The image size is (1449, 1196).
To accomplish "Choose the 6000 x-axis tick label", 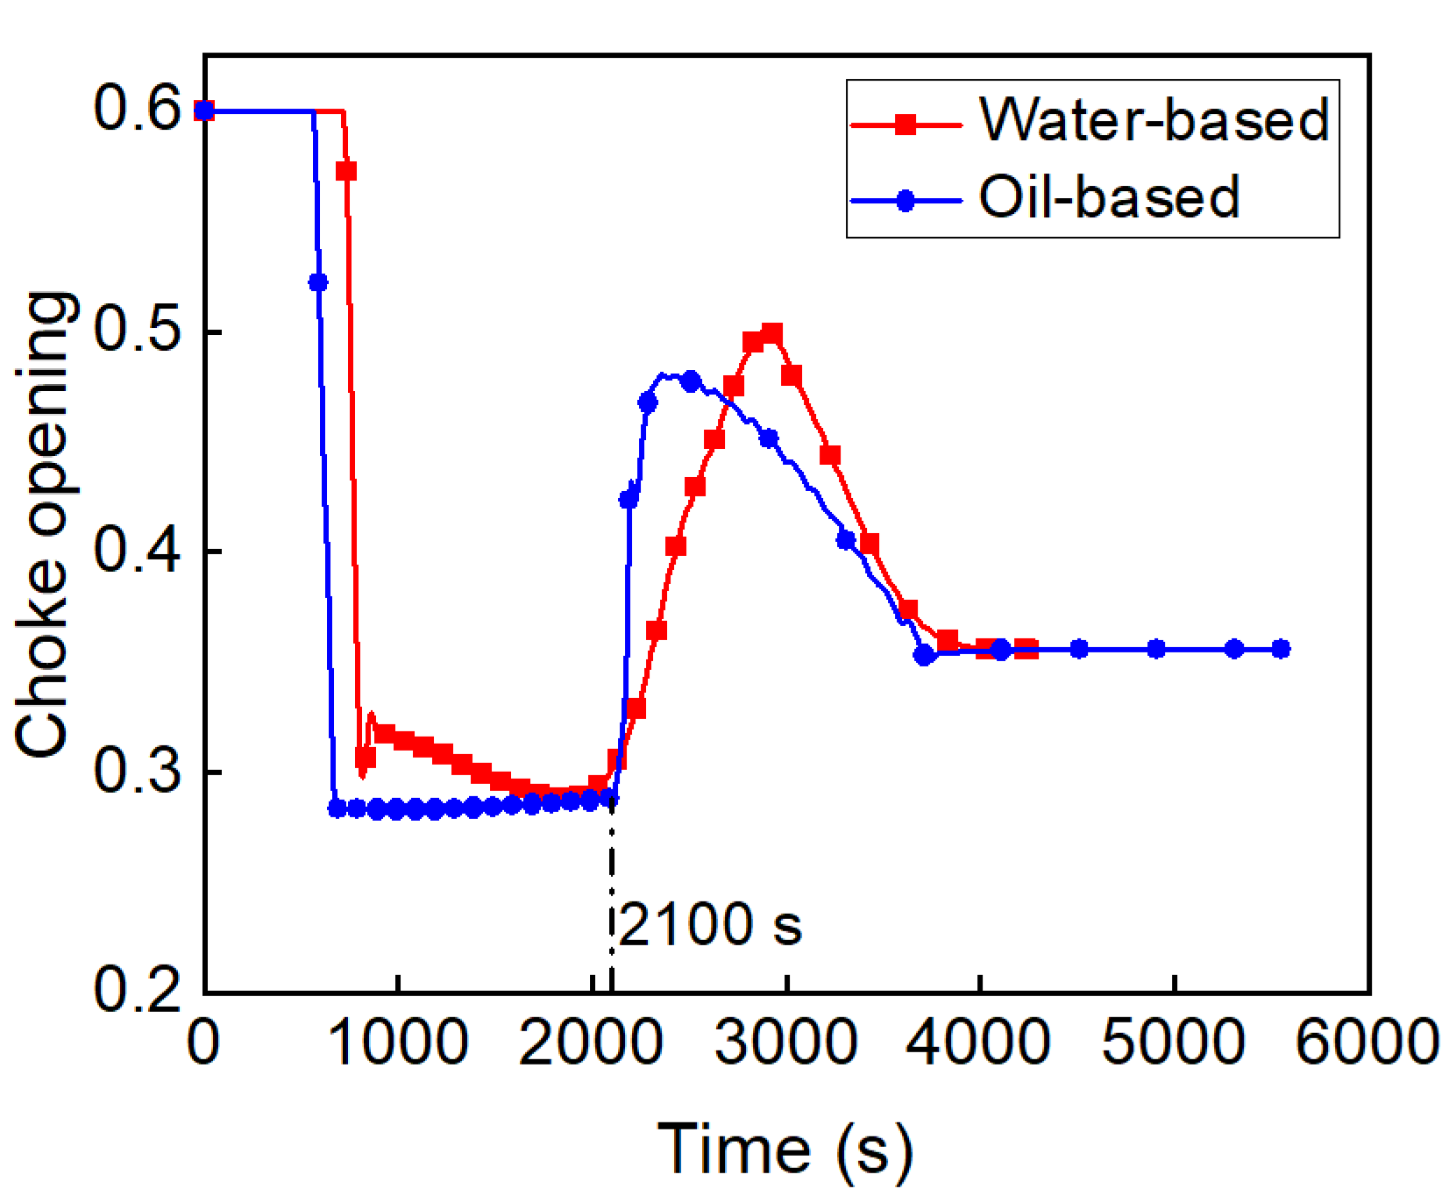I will click(1367, 1043).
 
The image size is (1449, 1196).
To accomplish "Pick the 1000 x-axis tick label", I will click(398, 1043).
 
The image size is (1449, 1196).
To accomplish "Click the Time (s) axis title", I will click(785, 1149).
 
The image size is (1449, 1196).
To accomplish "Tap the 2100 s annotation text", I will click(710, 924).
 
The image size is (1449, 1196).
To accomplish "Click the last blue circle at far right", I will click(1281, 649).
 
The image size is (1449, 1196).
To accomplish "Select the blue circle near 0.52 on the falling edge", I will click(318, 282).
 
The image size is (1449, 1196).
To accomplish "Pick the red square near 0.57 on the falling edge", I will click(346, 171).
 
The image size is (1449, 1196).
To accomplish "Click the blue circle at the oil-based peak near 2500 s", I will click(691, 381).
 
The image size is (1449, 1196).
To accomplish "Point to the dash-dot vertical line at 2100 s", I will click(612, 894).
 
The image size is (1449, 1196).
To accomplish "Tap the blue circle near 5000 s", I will click(1156, 649).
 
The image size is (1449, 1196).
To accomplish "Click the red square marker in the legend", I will click(906, 125).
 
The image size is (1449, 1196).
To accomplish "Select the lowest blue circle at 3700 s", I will click(924, 655).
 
